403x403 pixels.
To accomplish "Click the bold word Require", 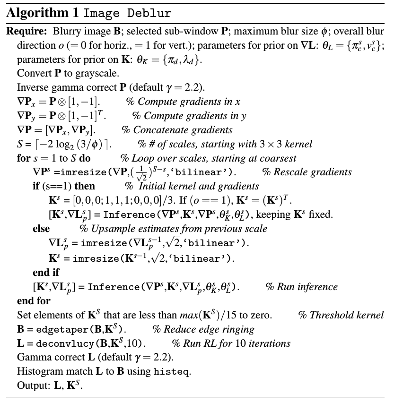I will coord(24,32).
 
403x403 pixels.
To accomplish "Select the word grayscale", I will coord(97,73).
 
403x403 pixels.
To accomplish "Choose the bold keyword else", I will coord(41,229).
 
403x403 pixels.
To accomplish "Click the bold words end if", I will coord(46,272).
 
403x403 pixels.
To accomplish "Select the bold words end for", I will coord(34,300).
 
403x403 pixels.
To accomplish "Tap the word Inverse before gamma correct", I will coord(31,87).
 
